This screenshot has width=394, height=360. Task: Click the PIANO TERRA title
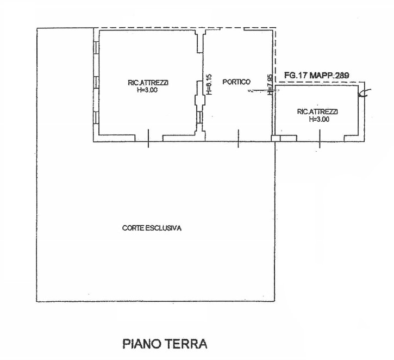coord(165,344)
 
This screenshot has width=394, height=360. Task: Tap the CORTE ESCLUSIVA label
coord(152,228)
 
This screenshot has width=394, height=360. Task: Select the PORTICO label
coord(236,82)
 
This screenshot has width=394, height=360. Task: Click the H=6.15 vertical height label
coord(209,85)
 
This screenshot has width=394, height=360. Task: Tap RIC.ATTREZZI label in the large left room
coord(148,83)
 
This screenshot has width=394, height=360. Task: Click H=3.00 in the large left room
coord(148,90)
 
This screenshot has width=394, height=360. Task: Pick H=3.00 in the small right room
coord(318,119)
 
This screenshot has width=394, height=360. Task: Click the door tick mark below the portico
coord(238,139)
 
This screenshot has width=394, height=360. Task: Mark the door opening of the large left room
coord(148,139)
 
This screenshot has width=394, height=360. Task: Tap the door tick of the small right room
coord(319,139)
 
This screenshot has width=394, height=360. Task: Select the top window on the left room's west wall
coord(96,47)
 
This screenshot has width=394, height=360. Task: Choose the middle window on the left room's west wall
coord(96,82)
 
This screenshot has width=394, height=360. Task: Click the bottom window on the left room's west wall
coord(96,116)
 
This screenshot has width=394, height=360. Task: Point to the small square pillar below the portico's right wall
coord(274,139)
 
